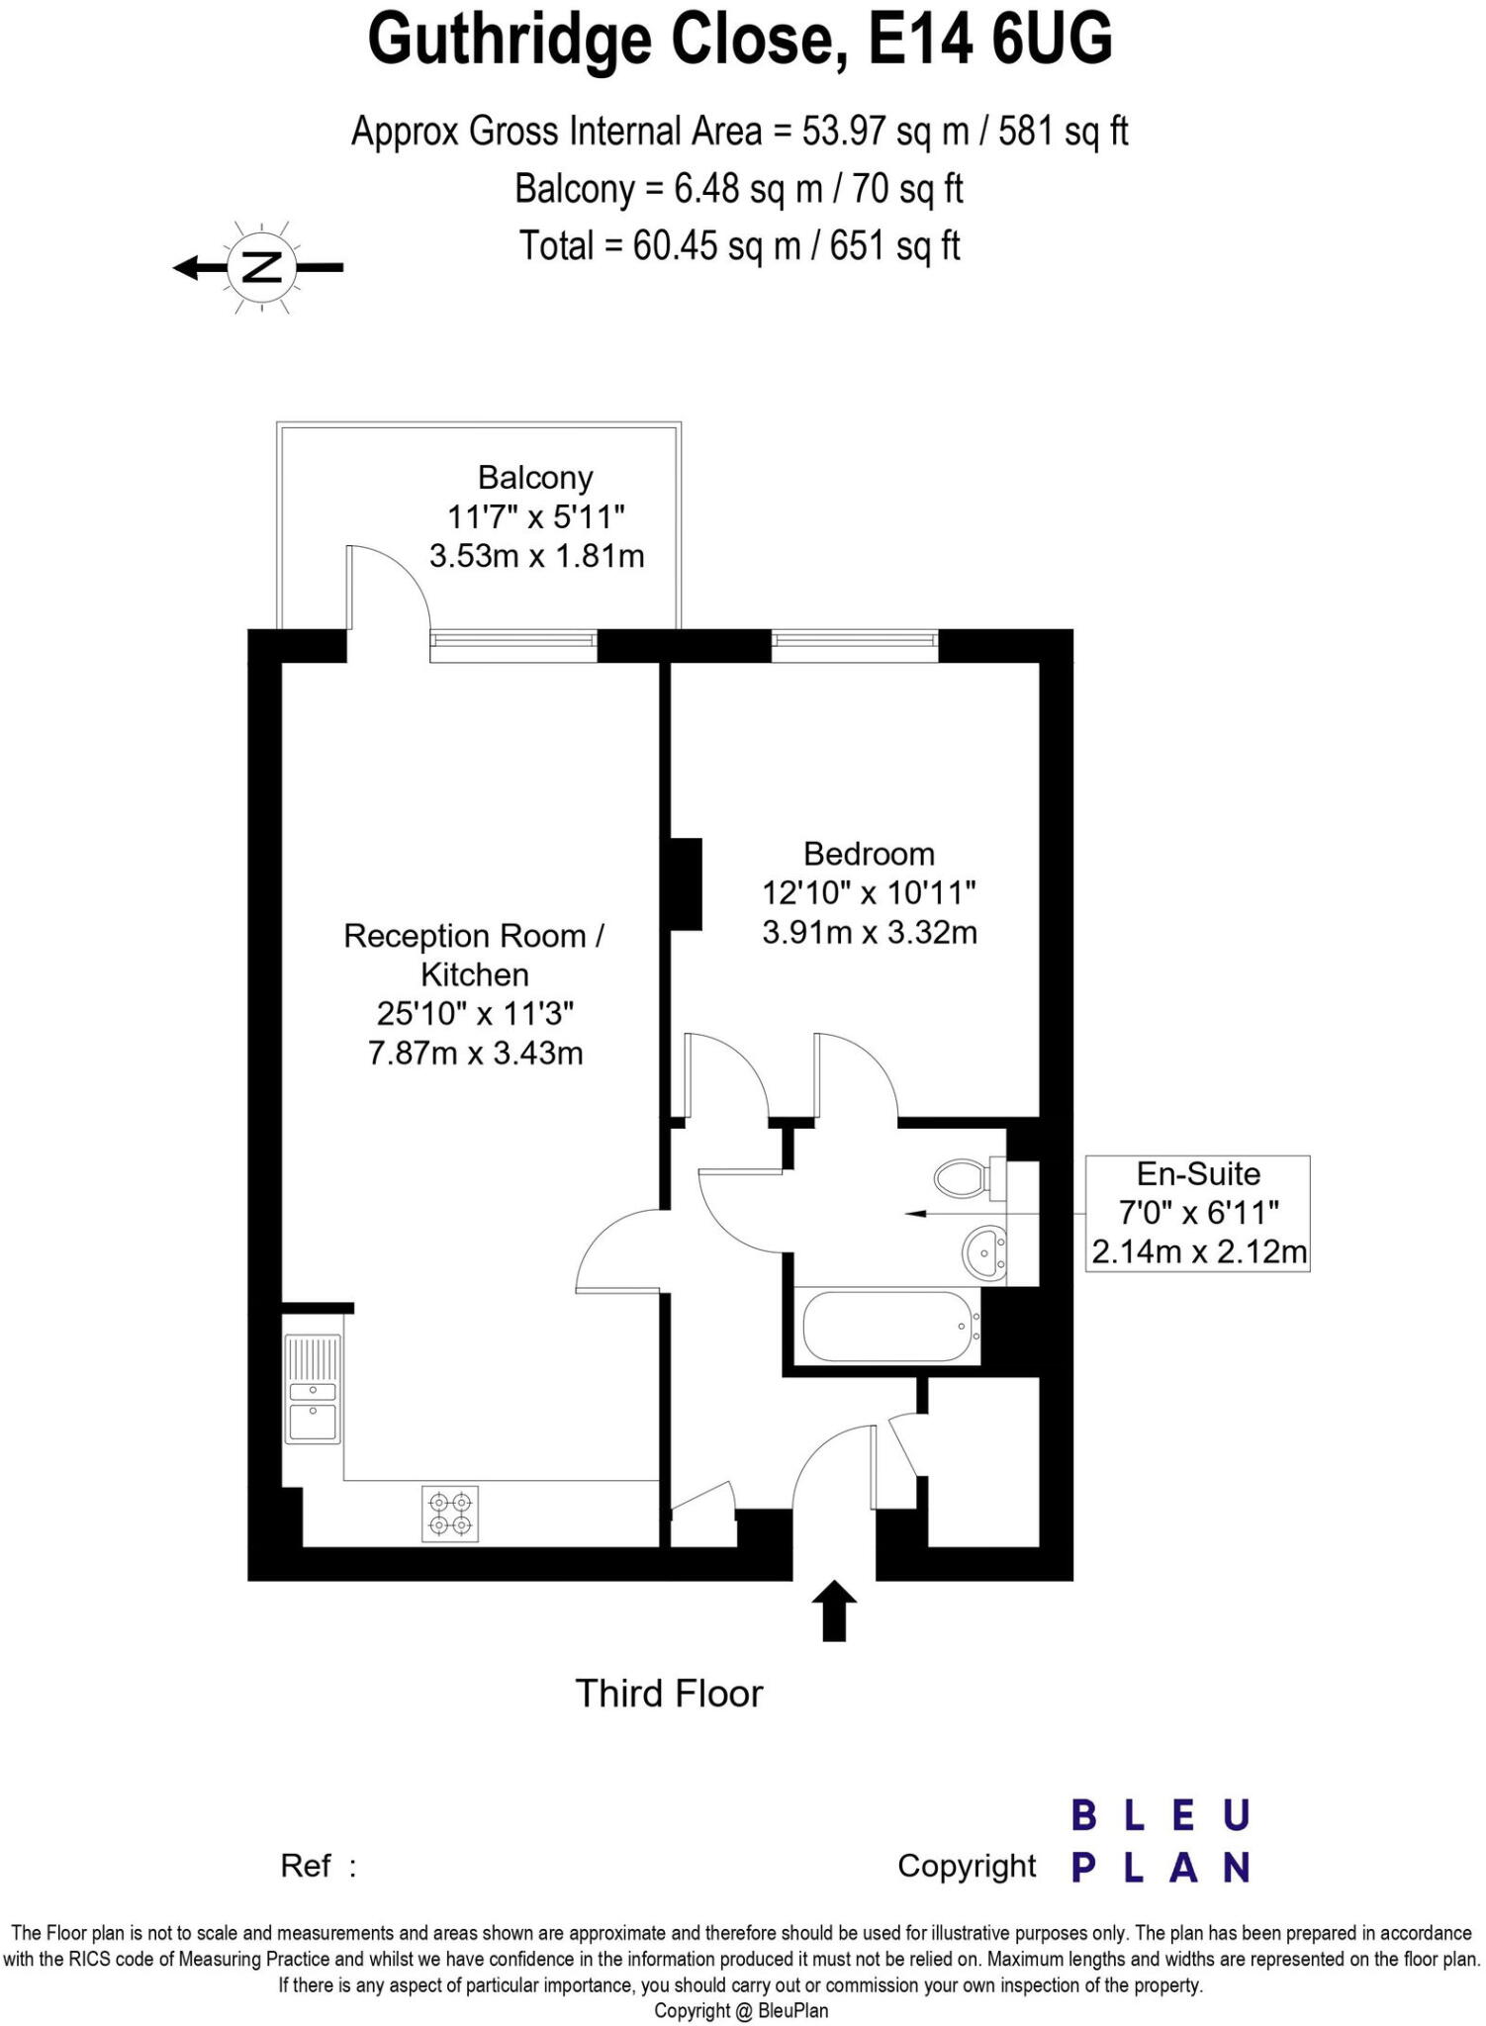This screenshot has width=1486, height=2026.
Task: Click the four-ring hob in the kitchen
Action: tap(450, 1514)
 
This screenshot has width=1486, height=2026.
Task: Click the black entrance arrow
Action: tap(835, 1610)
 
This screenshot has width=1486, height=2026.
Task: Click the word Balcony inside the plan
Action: tap(535, 478)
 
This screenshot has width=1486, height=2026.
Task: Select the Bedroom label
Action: tap(869, 854)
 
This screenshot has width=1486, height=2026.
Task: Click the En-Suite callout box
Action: tap(1197, 1213)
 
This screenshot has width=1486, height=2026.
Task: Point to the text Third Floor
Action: tap(669, 1694)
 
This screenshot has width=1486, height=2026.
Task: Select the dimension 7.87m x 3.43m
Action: tap(475, 1054)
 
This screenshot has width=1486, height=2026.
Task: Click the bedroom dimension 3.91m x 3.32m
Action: tap(869, 933)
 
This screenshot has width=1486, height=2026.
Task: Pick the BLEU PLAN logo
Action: tap(1161, 1841)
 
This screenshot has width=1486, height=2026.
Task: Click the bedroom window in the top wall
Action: tap(854, 645)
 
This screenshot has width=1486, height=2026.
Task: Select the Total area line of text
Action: tap(740, 246)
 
